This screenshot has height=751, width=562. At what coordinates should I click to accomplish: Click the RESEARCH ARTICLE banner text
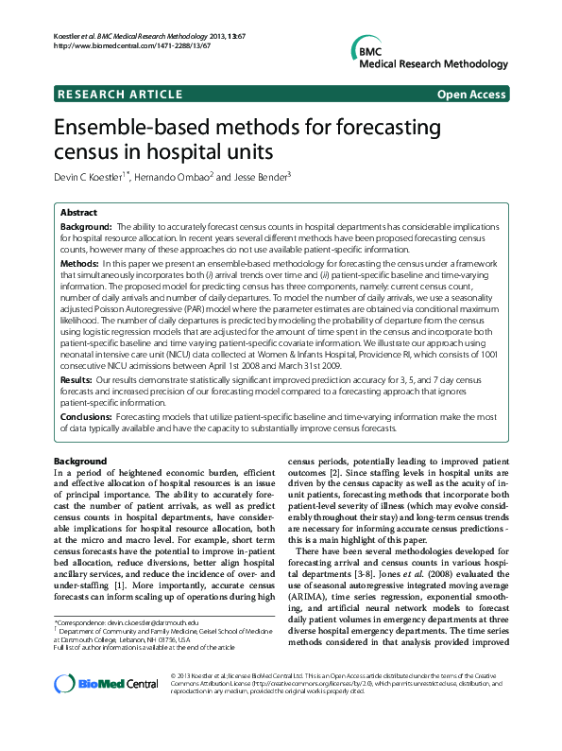point(120,95)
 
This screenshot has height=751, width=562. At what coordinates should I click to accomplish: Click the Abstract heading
point(79,213)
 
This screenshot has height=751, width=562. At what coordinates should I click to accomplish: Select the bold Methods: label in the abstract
point(79,261)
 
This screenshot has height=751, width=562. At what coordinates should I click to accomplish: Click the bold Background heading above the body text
point(80,461)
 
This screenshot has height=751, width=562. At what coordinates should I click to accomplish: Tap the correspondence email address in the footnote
point(160,624)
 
